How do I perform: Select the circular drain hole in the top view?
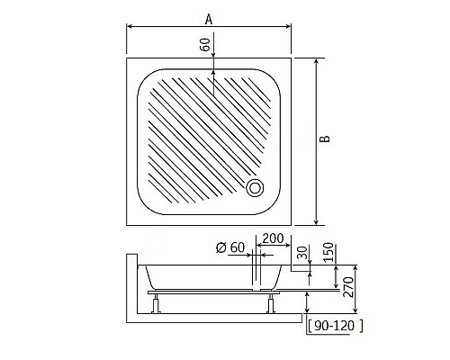tap(256, 188)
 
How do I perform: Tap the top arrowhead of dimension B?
tap(317, 63)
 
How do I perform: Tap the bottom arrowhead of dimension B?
tap(317, 221)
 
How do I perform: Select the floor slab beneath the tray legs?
tap(216, 318)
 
